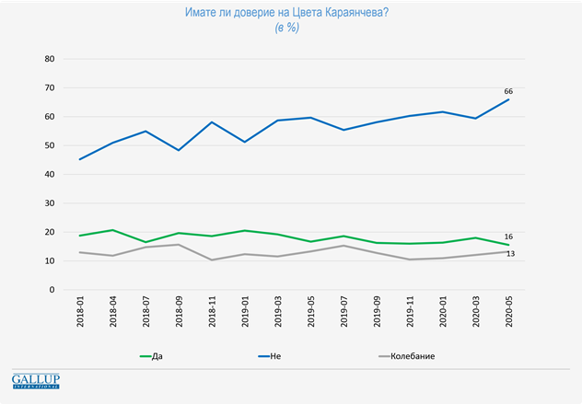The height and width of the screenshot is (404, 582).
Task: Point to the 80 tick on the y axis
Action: (x=50, y=59)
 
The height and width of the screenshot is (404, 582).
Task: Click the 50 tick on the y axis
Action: (x=50, y=145)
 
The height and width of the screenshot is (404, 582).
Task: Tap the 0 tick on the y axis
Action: (x=52, y=290)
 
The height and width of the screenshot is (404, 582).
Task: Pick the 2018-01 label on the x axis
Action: (x=81, y=314)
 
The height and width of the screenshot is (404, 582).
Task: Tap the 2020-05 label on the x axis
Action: (x=509, y=314)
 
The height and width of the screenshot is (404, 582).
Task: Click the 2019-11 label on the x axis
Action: (x=411, y=314)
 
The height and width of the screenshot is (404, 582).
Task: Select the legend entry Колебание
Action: (x=411, y=355)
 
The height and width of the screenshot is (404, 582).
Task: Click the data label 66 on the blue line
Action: (x=508, y=91)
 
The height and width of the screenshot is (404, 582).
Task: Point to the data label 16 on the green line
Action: (x=508, y=237)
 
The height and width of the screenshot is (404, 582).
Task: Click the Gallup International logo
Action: (x=35, y=381)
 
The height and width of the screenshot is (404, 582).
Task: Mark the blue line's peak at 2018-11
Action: (x=212, y=122)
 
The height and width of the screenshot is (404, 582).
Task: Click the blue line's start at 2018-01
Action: (x=81, y=159)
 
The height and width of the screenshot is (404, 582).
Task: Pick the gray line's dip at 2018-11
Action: (x=212, y=260)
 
